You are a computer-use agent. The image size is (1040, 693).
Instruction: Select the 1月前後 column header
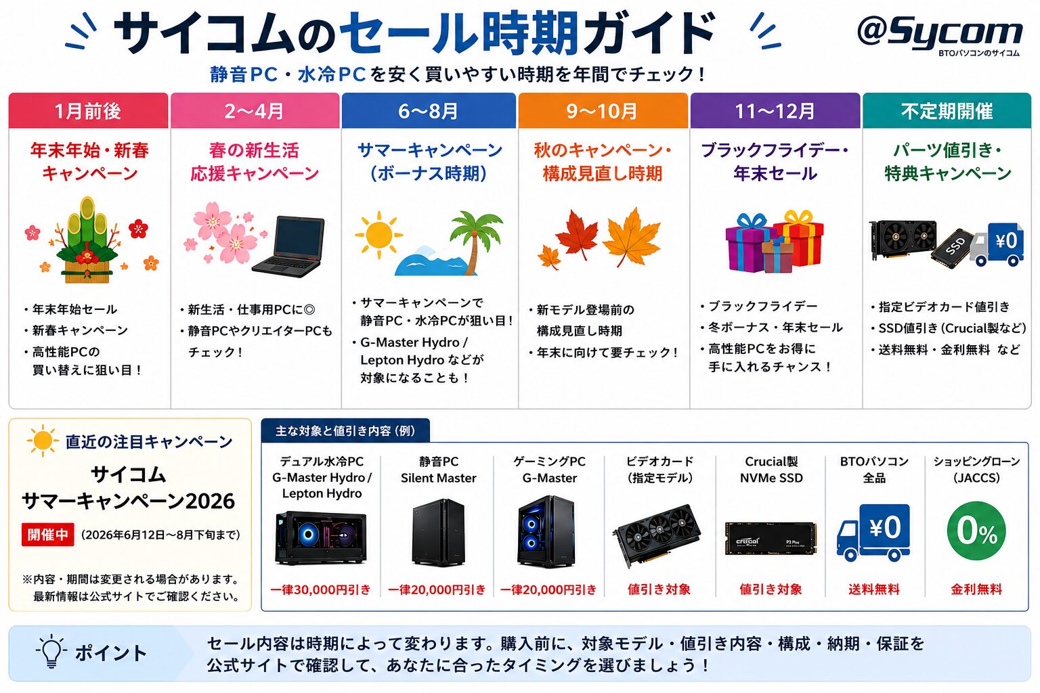tap(88, 110)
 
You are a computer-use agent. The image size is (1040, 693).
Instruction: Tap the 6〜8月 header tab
tap(429, 110)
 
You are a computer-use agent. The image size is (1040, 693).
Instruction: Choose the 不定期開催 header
tap(947, 110)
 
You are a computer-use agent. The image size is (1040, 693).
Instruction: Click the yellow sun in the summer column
tap(378, 234)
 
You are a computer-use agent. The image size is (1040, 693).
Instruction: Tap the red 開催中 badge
tap(48, 534)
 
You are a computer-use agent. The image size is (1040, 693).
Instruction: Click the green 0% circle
tap(976, 531)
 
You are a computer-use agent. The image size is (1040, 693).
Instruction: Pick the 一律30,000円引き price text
tap(320, 589)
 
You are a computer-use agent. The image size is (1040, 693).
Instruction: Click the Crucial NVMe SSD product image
tap(771, 539)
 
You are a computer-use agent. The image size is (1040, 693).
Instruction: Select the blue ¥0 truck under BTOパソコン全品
tap(873, 532)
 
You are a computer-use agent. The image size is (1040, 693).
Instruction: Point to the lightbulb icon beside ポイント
tap(51, 652)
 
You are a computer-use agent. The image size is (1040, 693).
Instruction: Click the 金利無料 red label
tap(976, 589)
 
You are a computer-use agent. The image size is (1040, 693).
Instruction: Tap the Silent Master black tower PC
tap(438, 532)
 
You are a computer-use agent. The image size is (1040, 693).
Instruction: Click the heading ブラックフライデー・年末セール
tap(775, 162)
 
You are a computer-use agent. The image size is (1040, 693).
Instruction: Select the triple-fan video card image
tap(657, 535)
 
